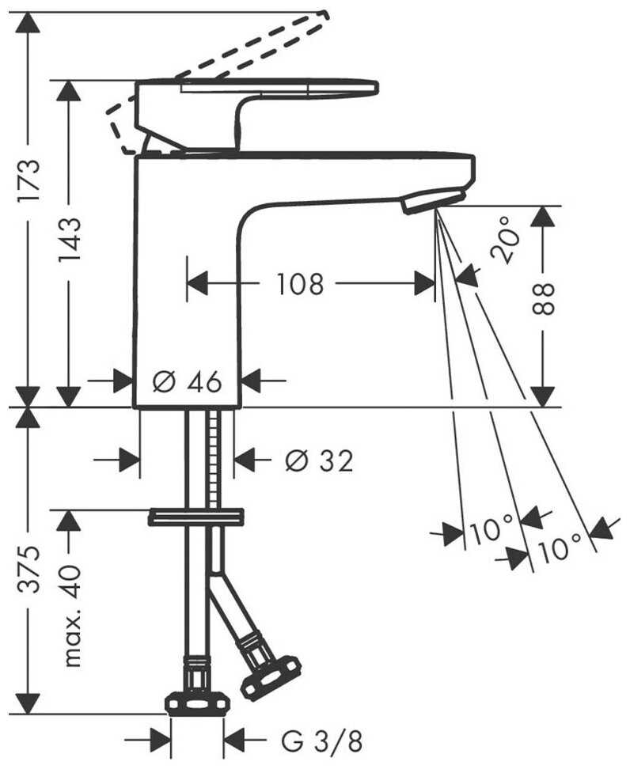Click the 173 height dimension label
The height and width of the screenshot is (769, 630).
coord(28,180)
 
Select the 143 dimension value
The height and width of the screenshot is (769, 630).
coord(69,240)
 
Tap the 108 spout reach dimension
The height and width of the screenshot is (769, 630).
coord(300,284)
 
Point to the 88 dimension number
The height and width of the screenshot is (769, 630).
coord(544,297)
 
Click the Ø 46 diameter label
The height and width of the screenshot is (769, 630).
coord(187,381)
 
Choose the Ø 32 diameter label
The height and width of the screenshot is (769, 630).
coord(320,461)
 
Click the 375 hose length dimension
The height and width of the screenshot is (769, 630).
coord(28,570)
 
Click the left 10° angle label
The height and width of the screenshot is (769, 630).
coord(491,530)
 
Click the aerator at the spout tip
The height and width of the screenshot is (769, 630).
coord(433,201)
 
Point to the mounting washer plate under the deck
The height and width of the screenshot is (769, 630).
coord(196,517)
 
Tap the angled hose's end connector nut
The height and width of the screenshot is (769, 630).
coord(271,675)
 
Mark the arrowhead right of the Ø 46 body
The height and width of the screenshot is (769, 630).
coord(252,381)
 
